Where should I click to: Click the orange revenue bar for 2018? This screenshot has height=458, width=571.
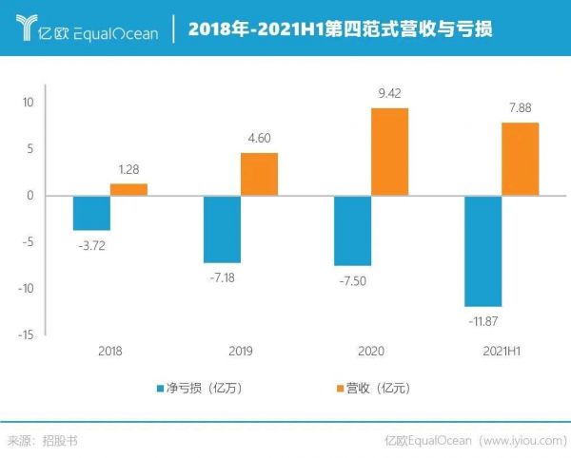click(128, 190)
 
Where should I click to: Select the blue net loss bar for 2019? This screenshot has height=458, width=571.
click(223, 229)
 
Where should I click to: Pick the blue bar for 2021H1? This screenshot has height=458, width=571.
click(482, 251)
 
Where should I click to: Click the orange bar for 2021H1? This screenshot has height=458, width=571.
click(521, 160)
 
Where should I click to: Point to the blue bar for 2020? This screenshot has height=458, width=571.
click(353, 231)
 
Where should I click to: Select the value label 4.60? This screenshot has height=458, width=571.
click(259, 139)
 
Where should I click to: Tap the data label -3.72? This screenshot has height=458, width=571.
click(91, 244)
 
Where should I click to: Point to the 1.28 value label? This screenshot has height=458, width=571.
click(129, 170)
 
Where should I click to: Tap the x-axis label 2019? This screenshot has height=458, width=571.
click(241, 351)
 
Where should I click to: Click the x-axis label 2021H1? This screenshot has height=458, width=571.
click(502, 351)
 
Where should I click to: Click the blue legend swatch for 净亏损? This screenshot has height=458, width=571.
click(160, 389)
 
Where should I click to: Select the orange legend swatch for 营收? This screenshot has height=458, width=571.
click(337, 389)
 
